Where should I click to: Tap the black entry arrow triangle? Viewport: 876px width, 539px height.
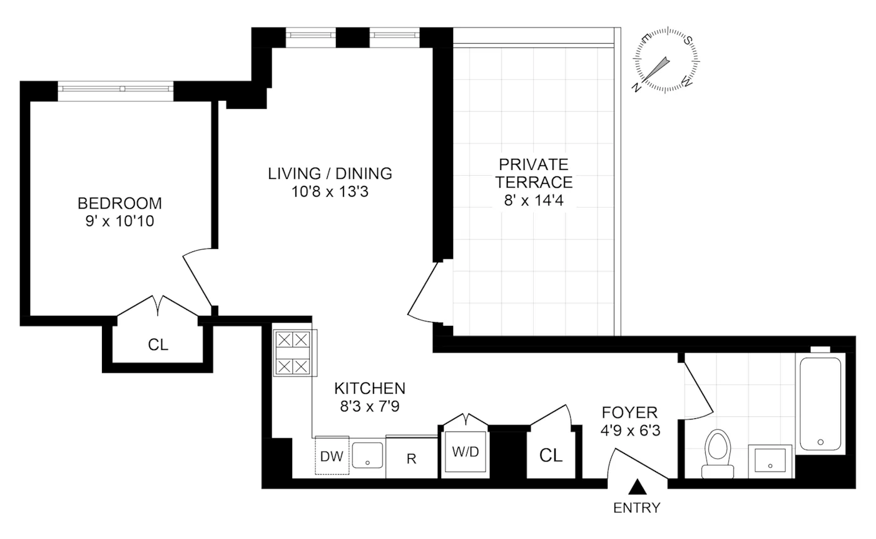point(637,486)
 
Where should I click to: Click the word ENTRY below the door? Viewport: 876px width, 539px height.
point(636,508)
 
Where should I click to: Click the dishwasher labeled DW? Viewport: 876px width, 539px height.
point(332,456)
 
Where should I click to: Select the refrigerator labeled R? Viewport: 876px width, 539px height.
point(411,458)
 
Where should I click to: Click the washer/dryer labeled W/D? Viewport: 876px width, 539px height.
point(465,452)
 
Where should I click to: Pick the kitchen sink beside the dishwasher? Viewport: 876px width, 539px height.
point(367,455)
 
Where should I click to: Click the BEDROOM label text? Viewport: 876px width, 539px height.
point(120,203)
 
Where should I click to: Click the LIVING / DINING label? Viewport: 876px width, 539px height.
point(330,173)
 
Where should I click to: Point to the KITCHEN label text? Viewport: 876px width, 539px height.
point(369,388)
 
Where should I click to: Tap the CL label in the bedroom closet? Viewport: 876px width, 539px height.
point(158,345)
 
